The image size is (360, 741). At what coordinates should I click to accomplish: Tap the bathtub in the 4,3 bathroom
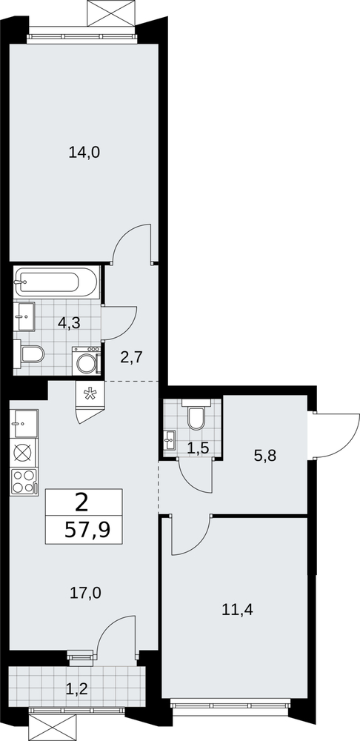pos(56,282)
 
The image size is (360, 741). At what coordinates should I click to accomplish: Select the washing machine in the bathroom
pos(87,361)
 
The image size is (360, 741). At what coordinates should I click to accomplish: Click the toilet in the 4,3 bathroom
pos(30,353)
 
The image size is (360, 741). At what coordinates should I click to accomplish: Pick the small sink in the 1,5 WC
pos(170,440)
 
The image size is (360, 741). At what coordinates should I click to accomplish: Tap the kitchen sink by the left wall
pos(24,423)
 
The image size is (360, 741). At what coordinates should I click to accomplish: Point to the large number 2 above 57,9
pos(81,503)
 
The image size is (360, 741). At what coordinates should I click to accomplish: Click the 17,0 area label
pos(85,591)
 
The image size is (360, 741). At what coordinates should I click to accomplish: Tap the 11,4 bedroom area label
pos(238,610)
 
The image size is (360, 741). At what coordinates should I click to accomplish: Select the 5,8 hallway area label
pos(265,456)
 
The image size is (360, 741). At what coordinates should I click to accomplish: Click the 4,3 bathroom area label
pos(69,323)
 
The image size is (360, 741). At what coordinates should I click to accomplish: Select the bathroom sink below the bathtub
pos(24,316)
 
